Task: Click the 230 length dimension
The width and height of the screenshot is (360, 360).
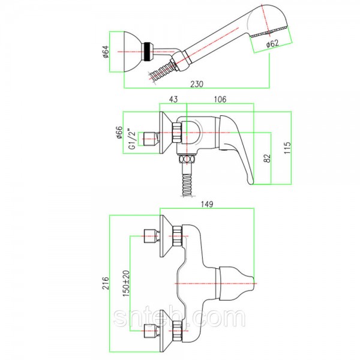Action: pyautogui.click(x=197, y=84)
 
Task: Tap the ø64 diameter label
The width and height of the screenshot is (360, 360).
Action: pyautogui.click(x=106, y=52)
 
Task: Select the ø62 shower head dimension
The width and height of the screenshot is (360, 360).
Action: pyautogui.click(x=272, y=43)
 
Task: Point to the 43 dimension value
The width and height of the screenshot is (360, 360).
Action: pyautogui.click(x=173, y=99)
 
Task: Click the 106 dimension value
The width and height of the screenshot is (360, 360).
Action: pyautogui.click(x=220, y=99)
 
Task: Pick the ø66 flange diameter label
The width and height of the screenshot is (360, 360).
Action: pyautogui.click(x=119, y=133)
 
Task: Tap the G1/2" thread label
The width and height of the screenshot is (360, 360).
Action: pyautogui.click(x=132, y=139)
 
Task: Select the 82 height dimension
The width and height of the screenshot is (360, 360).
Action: pyautogui.click(x=267, y=158)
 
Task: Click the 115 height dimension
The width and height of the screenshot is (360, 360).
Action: pyautogui.click(x=287, y=148)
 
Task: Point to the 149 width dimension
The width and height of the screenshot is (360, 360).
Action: pyautogui.click(x=207, y=204)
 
